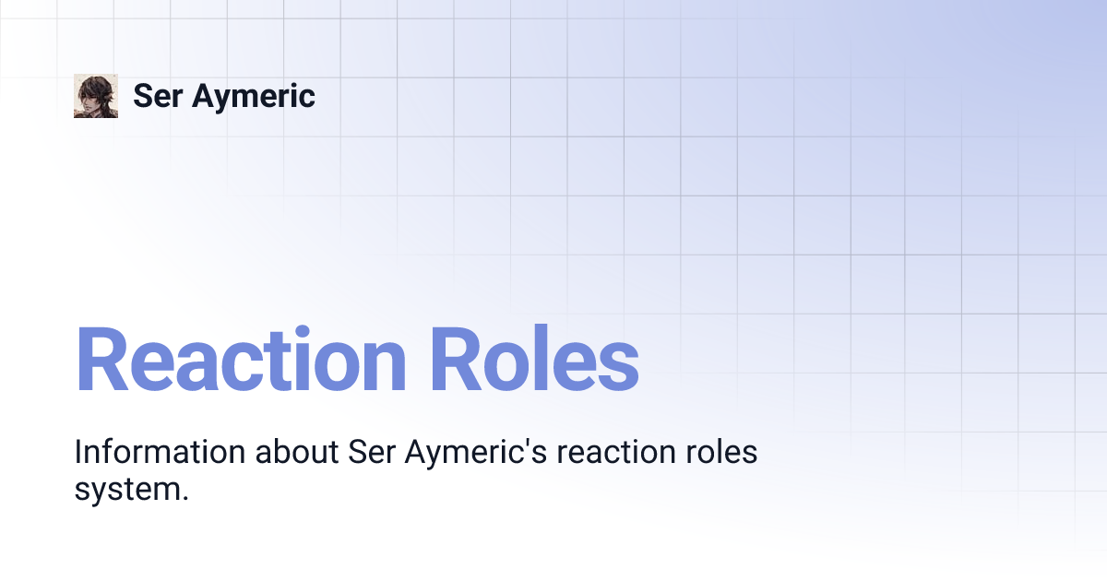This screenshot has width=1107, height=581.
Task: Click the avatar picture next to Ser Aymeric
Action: click(96, 96)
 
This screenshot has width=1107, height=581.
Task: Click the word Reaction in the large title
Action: click(241, 361)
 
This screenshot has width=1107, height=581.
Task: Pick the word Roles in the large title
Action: click(534, 361)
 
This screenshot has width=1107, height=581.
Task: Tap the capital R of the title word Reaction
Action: click(101, 361)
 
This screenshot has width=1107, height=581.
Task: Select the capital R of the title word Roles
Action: click(458, 361)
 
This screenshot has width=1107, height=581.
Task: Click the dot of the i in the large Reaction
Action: click(320, 329)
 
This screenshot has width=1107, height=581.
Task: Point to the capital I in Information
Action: click(78, 453)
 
